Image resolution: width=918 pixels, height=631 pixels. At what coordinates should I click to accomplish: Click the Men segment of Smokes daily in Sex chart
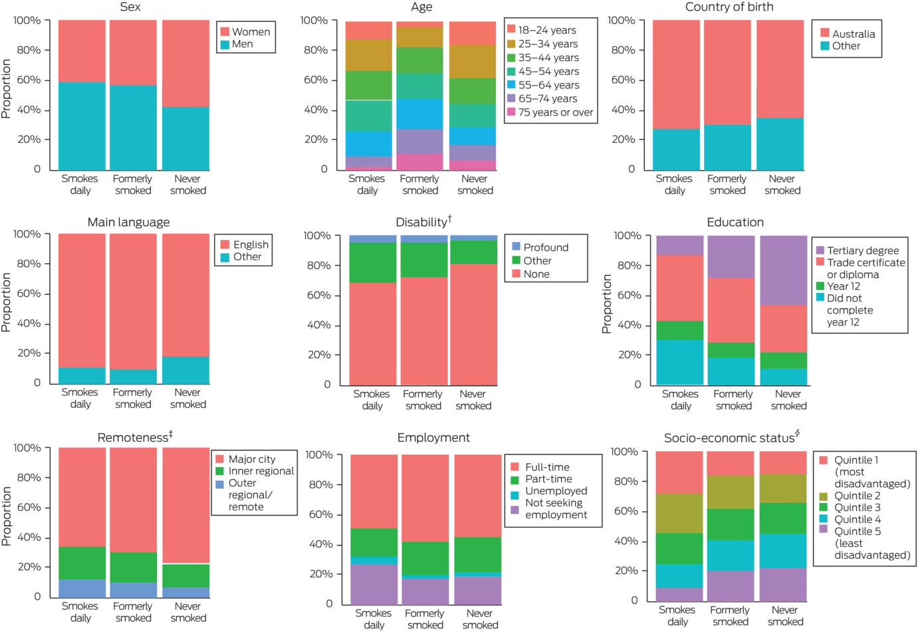(82, 126)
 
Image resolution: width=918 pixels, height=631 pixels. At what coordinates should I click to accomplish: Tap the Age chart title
(421, 7)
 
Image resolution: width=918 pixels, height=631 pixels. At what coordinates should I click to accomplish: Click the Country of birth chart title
(729, 7)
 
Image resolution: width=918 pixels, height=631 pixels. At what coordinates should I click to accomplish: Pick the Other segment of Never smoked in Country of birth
(780, 144)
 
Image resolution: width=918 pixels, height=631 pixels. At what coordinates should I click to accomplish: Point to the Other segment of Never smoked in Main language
(185, 370)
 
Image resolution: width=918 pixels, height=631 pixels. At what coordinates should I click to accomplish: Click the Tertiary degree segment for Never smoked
(784, 270)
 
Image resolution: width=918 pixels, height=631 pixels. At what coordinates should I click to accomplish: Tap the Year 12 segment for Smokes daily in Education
(680, 330)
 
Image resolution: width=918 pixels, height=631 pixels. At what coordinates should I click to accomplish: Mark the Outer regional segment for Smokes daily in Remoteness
(82, 588)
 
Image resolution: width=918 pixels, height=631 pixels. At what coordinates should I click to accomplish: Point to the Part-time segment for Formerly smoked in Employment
(425, 558)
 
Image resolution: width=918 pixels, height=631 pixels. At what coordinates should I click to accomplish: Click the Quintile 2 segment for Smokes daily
(679, 513)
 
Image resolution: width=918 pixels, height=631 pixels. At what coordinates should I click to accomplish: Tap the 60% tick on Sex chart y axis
(28, 80)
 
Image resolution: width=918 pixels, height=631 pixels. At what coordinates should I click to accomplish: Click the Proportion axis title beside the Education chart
(606, 304)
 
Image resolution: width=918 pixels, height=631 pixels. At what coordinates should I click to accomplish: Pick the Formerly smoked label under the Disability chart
(423, 400)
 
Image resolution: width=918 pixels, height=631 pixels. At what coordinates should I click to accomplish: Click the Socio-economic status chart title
(731, 438)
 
